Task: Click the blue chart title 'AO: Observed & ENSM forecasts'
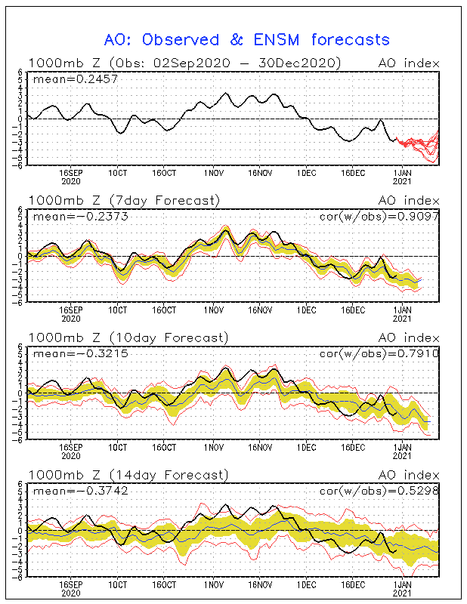(247, 40)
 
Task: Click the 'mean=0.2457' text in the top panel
(76, 79)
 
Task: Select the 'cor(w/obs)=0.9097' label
(379, 217)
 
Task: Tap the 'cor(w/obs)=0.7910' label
(379, 353)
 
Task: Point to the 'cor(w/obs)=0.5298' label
(379, 491)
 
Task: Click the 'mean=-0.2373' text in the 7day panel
(81, 217)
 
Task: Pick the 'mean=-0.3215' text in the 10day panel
(81, 353)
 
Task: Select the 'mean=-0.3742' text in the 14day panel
(81, 491)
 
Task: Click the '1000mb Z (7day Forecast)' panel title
(124, 200)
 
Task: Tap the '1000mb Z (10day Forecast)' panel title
(128, 337)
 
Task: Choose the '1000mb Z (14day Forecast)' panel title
(128, 475)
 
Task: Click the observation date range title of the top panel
(184, 63)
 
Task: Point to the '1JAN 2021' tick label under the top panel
(402, 177)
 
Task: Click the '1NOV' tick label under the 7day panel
(214, 310)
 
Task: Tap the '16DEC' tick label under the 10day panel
(353, 448)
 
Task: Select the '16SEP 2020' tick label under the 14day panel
(71, 589)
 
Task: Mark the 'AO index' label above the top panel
(409, 63)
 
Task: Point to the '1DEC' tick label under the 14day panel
(307, 584)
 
